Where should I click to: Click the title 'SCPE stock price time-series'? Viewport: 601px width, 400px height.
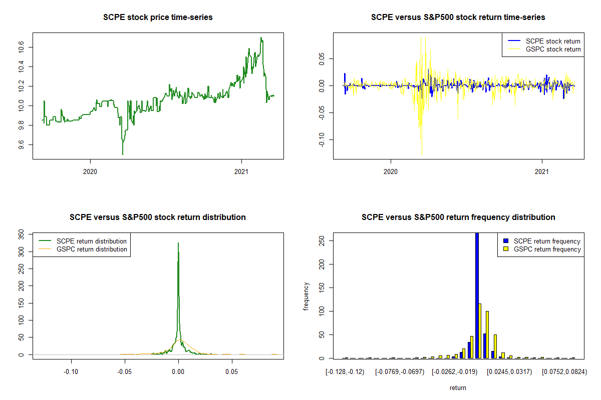tap(158, 17)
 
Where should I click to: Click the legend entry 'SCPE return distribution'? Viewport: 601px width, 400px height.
tap(92, 241)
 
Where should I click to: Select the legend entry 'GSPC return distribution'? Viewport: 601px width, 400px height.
tap(92, 249)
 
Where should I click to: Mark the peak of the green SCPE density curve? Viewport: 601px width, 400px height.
tap(178, 243)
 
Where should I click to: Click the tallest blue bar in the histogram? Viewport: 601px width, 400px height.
tap(477, 295)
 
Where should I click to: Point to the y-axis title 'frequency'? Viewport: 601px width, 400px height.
tap(307, 296)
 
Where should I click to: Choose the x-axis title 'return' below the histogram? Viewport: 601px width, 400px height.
tap(458, 387)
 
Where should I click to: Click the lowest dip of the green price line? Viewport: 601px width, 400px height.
tap(123, 154)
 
